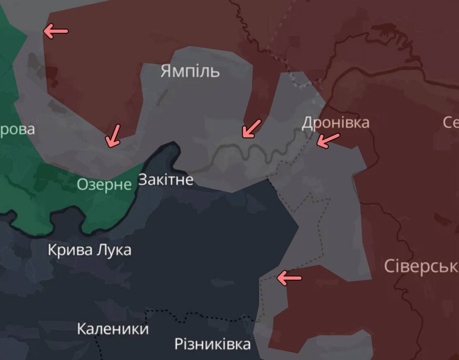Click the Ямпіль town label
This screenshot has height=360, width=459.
[190, 71]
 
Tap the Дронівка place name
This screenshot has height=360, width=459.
[336, 122]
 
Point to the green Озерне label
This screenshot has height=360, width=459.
[104, 184]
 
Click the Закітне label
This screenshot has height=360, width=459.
[165, 180]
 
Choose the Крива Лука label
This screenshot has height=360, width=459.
[90, 250]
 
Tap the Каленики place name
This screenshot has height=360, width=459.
[113, 328]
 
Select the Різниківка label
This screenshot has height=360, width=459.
[212, 345]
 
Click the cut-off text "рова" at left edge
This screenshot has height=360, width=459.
[17, 130]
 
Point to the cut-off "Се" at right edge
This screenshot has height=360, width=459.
[450, 122]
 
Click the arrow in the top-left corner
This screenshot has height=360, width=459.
[56, 31]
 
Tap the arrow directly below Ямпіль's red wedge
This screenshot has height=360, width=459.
[251, 129]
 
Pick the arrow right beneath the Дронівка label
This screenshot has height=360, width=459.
[328, 140]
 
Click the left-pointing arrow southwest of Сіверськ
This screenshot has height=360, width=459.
[289, 278]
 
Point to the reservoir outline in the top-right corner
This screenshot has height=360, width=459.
[389, 34]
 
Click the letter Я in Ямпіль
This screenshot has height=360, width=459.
[166, 71]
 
